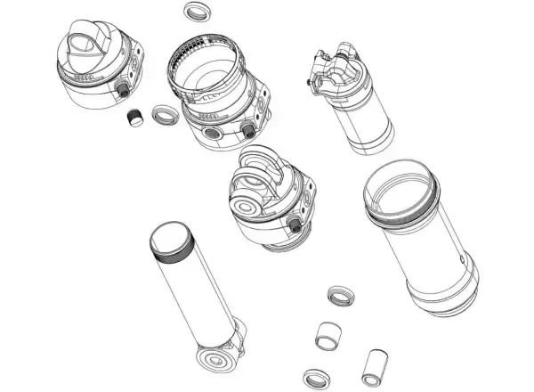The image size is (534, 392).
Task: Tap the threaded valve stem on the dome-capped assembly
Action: click(124, 91)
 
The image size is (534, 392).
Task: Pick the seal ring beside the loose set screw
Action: click(165, 115)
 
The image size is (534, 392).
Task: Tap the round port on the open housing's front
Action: click(214, 132)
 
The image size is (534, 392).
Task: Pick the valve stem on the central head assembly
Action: click(295, 230)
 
